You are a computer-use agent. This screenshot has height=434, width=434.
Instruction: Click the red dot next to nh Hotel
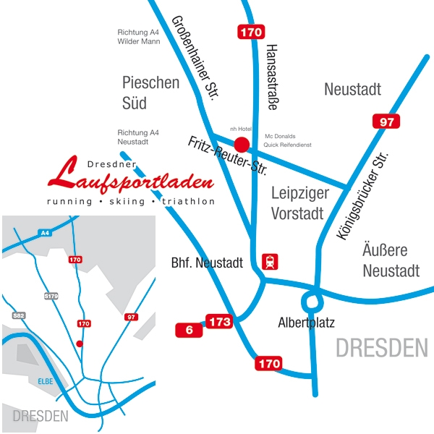(x=242, y=145)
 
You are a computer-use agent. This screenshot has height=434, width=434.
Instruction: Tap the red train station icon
(x=271, y=262)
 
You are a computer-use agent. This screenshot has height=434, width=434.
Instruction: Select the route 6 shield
(x=189, y=330)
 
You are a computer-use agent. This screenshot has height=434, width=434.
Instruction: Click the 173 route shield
(x=219, y=320)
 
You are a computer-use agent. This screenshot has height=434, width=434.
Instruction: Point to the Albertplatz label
(x=306, y=323)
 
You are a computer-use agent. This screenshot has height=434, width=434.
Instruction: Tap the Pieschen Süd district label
(x=150, y=93)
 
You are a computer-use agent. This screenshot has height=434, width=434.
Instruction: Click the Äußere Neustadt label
(x=391, y=260)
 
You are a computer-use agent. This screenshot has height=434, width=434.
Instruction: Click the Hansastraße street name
(x=272, y=76)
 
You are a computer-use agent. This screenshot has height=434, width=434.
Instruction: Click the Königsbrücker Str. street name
(x=363, y=195)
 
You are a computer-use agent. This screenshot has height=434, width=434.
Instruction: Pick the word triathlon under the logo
(x=189, y=201)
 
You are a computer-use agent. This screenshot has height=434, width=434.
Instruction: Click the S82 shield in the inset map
(x=19, y=315)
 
